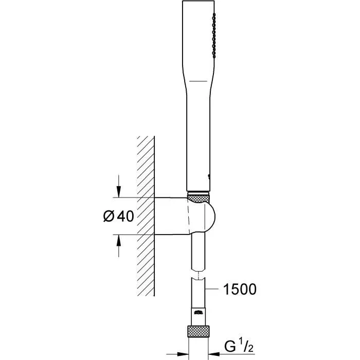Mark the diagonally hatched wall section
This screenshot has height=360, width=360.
pos(146,206)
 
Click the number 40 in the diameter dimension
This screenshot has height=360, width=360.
pos(126,217)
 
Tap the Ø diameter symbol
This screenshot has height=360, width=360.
pos(109,217)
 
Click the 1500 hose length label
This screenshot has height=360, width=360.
pos(238,290)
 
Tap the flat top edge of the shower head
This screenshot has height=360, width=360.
pos(197,2)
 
